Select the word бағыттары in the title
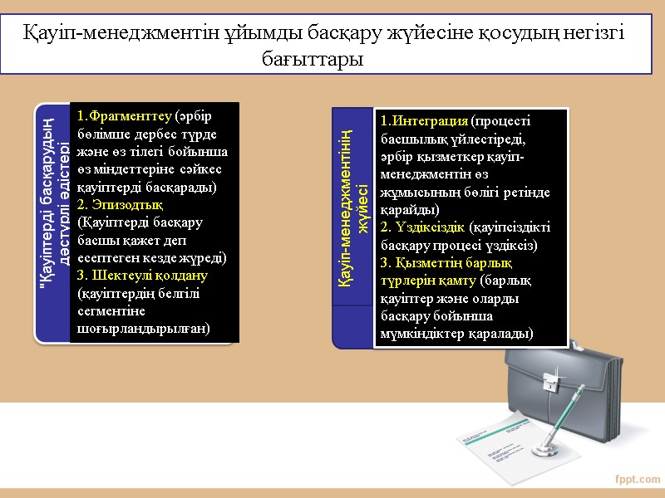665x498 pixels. click(x=313, y=60)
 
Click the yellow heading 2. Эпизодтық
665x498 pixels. click(x=120, y=203)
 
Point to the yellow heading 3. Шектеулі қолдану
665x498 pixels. click(x=142, y=275)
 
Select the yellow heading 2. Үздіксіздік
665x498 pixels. click(x=423, y=227)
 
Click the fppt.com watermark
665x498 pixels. click(x=637, y=480)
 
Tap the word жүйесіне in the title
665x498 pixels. click(x=444, y=32)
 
